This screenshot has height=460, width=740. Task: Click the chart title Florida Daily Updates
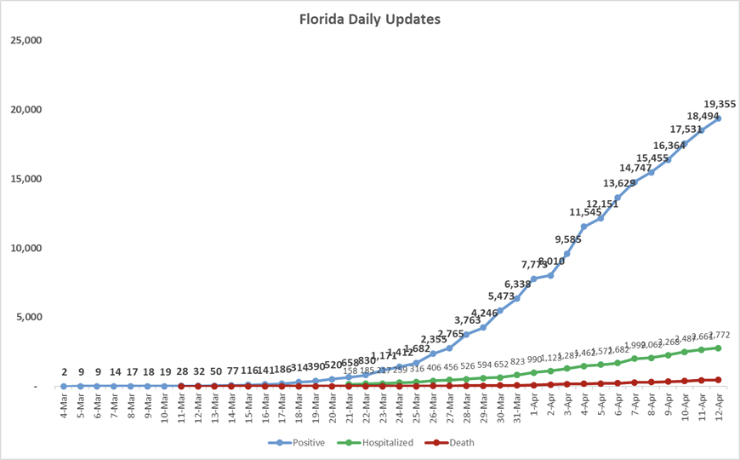point(370,18)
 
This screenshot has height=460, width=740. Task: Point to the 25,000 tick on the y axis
point(25,40)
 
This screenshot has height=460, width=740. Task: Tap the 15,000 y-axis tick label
point(25,179)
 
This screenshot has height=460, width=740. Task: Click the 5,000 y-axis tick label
point(28,317)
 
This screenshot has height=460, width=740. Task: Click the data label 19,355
point(711,103)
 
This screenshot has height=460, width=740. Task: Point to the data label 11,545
point(586,212)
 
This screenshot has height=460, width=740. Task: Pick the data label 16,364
point(670,146)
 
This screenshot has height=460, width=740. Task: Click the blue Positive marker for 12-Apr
point(718,118)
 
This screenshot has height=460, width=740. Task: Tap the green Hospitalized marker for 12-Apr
point(718,348)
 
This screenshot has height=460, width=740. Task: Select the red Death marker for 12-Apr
point(718,380)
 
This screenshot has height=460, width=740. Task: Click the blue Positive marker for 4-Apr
point(584,227)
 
